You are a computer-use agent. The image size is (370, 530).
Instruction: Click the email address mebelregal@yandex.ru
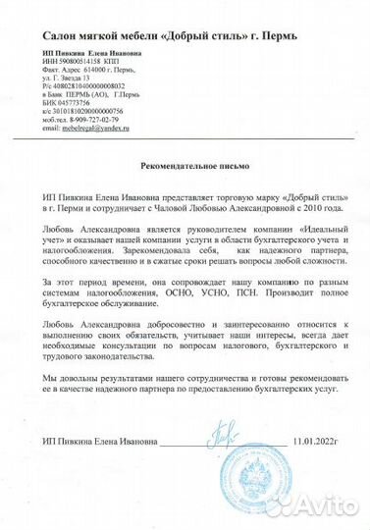(99, 129)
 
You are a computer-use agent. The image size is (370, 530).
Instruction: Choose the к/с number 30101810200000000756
(88, 113)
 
